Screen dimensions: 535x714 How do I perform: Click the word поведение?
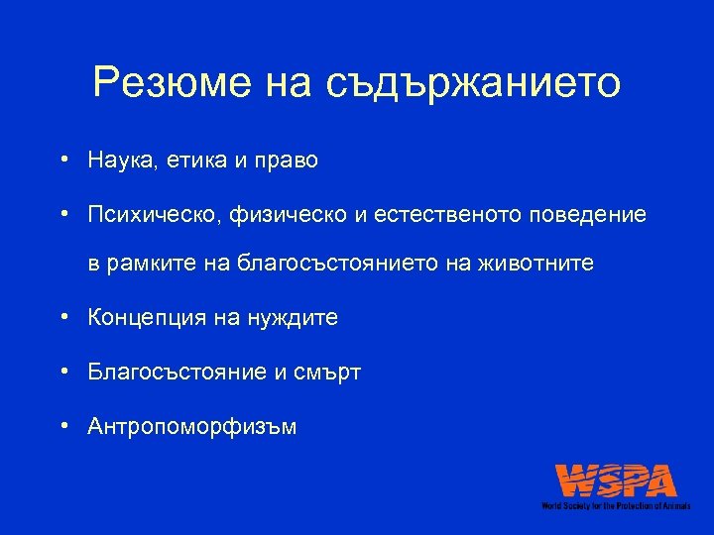pos(592,214)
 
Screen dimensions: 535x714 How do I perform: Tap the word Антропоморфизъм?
pos(191,426)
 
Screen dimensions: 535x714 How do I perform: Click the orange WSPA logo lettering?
pos(616,481)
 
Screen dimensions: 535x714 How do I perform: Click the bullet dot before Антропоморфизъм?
pos(62,426)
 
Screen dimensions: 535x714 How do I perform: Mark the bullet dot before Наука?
pos(62,160)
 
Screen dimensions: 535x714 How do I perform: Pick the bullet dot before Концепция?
pos(62,318)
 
